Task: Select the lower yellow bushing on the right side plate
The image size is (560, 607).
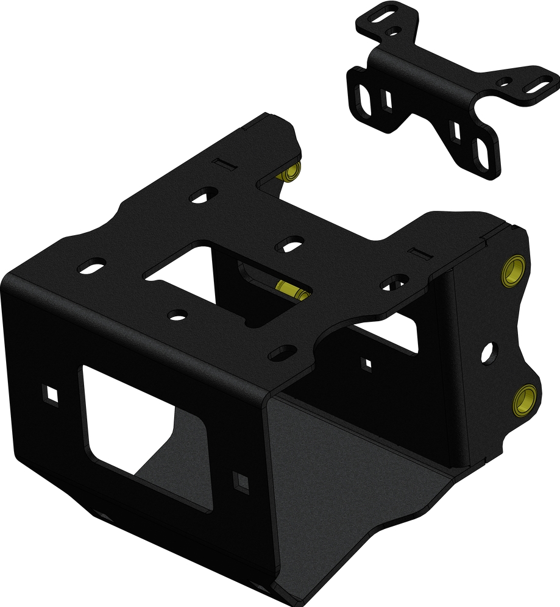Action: click(524, 400)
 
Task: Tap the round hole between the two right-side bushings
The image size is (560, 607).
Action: click(489, 352)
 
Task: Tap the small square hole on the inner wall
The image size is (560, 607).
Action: click(367, 364)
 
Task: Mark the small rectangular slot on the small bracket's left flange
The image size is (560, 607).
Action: click(386, 98)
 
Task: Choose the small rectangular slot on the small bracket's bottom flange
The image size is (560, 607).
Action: click(455, 130)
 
